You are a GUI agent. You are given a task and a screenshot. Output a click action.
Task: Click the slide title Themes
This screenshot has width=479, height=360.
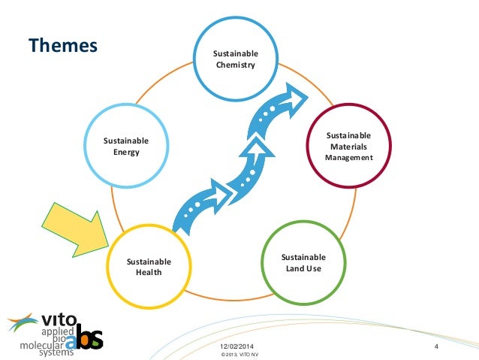(x=64, y=46)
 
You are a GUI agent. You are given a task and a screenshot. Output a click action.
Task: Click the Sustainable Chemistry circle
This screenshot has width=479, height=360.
(x=235, y=59)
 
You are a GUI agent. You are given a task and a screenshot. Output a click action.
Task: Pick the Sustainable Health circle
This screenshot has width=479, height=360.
(x=149, y=266)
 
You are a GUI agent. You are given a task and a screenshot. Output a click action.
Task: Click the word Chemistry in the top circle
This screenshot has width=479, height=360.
(x=235, y=65)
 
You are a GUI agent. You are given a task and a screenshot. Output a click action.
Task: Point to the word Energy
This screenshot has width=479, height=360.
(x=126, y=152)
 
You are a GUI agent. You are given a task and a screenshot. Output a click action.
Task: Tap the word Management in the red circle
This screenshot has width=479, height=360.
(x=348, y=158)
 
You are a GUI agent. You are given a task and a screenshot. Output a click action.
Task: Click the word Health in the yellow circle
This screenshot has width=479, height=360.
(x=149, y=272)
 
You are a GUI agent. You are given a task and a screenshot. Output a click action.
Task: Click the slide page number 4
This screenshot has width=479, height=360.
(x=435, y=345)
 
